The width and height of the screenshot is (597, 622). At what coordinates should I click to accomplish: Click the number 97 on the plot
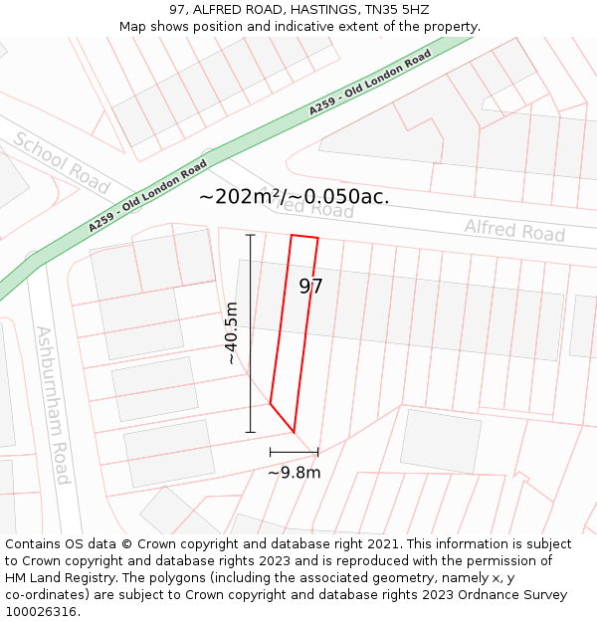(x=310, y=287)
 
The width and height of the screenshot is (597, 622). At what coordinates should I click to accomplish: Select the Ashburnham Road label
(x=51, y=404)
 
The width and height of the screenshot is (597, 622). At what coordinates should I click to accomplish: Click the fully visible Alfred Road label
(x=514, y=231)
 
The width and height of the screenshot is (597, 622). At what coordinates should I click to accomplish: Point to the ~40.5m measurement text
(x=232, y=333)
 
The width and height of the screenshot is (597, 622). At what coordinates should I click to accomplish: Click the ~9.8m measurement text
(x=294, y=473)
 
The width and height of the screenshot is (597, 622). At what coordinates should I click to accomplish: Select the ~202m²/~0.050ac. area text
(x=294, y=196)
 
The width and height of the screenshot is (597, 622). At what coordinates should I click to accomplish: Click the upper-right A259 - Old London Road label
(x=369, y=83)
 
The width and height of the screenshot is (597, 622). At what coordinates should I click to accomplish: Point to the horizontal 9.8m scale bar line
(x=294, y=452)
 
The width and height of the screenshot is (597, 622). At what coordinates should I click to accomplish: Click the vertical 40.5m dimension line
(x=250, y=333)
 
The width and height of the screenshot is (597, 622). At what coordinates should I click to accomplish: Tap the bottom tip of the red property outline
(x=294, y=432)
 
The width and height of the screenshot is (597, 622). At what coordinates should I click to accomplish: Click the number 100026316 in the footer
(x=40, y=611)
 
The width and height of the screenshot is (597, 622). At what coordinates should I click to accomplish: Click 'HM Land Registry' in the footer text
(x=56, y=577)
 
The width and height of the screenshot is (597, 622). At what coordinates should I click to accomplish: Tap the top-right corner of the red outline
(x=317, y=239)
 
